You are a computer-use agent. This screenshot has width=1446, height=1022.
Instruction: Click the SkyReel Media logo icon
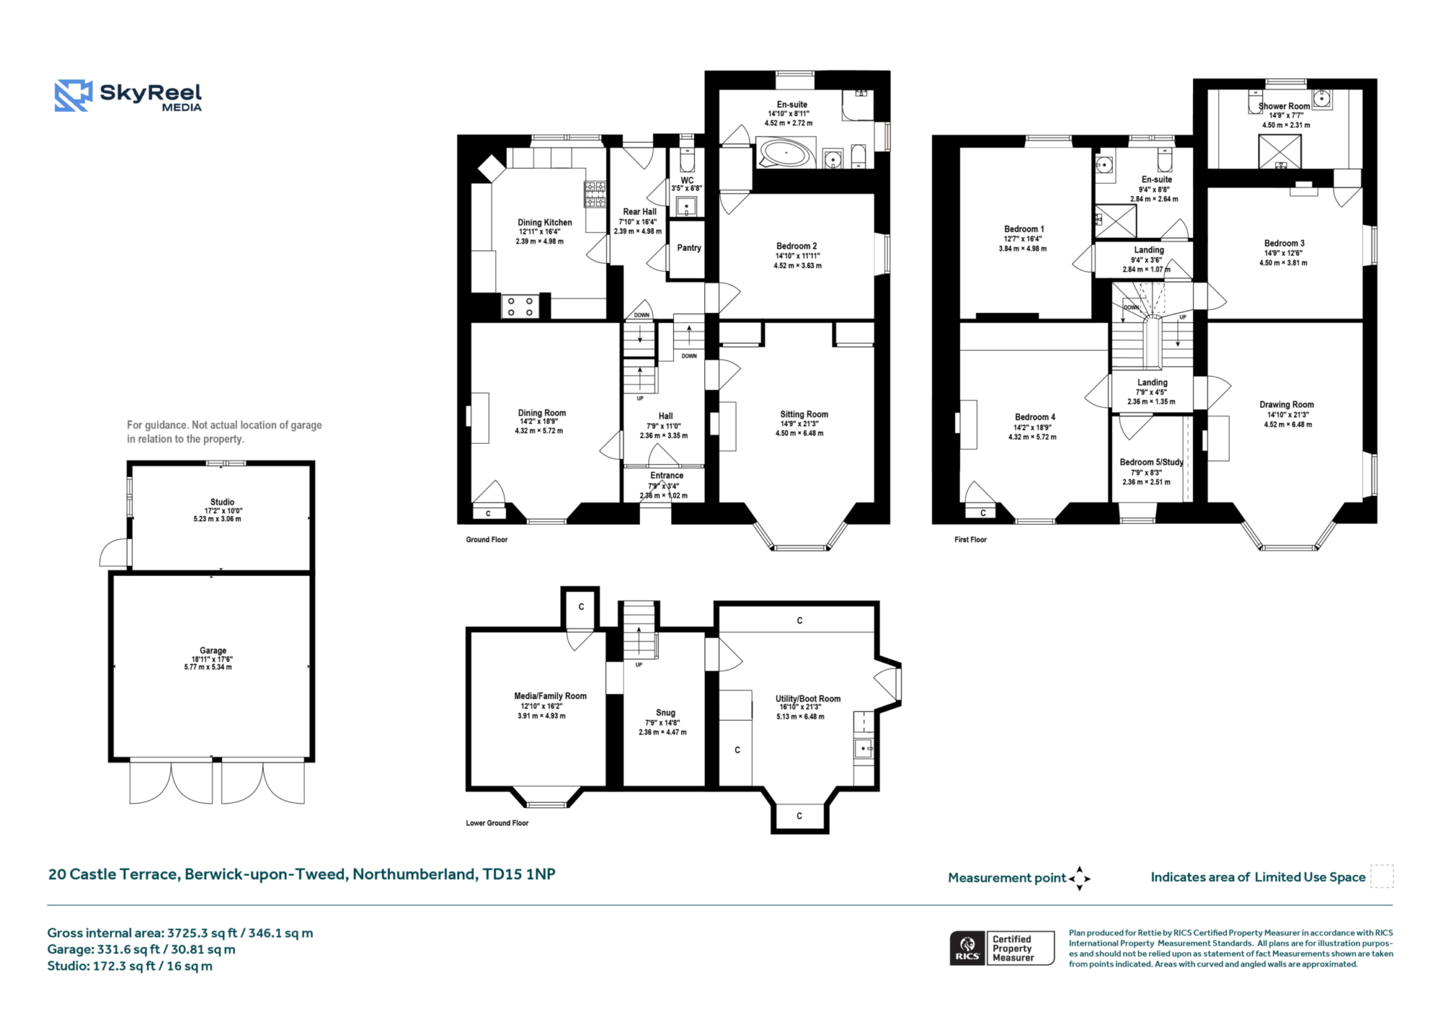74,95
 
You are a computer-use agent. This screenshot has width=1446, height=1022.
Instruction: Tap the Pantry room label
689,248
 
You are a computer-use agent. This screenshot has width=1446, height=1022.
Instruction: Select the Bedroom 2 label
797,246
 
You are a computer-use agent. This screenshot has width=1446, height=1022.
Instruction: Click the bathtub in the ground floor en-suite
787,153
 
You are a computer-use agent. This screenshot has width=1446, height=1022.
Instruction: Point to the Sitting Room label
804,414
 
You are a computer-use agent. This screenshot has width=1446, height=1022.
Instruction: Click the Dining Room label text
542,413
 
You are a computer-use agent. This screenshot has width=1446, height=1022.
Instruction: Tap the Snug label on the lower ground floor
665,713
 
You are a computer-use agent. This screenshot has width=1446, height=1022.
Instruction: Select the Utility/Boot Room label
808,699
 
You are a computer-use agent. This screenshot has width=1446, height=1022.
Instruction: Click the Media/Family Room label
550,696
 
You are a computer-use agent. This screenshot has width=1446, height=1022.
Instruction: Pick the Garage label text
213,650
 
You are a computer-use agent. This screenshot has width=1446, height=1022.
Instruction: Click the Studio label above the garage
222,502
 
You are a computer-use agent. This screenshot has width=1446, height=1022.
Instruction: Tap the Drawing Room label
1286,405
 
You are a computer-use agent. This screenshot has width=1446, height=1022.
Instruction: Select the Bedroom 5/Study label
1151,462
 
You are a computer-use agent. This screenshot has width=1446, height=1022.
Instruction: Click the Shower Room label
1284,106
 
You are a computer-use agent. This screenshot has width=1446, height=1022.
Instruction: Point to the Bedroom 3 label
1284,244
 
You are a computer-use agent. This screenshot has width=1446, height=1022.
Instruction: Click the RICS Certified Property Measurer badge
1002,948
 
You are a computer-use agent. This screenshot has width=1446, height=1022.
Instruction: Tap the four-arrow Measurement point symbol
1079,879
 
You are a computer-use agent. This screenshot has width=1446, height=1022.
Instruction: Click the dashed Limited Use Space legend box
1382,876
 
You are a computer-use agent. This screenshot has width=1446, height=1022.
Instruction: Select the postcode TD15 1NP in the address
519,874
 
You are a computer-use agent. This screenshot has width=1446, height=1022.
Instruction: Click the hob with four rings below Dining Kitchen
520,306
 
